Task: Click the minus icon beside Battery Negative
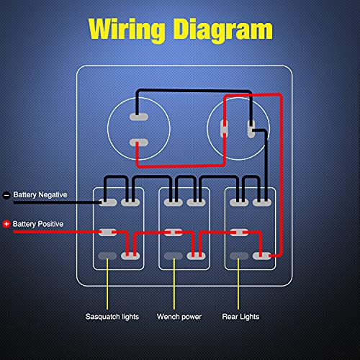6,195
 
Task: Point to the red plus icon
6,224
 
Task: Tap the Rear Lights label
240,316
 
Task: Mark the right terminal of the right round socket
251,130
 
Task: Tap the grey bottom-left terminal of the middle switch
172,255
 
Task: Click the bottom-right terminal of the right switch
266,255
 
